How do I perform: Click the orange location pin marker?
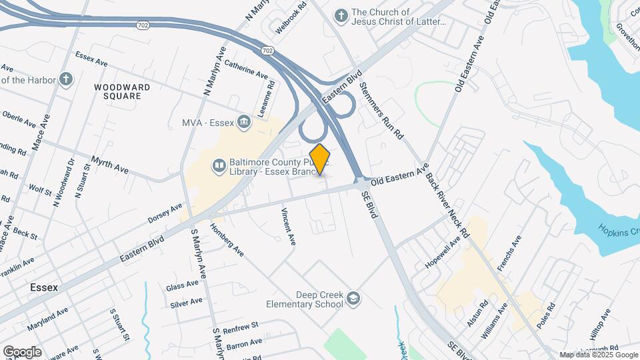[320, 159]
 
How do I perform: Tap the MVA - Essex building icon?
[244, 122]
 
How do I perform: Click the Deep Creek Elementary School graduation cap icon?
[353, 299]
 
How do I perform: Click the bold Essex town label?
[44, 288]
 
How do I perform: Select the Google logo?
[22, 351]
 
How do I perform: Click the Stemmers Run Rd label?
[381, 111]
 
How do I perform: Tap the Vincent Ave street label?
[287, 227]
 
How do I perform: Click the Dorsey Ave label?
[165, 213]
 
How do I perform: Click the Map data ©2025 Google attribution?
[598, 355]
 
